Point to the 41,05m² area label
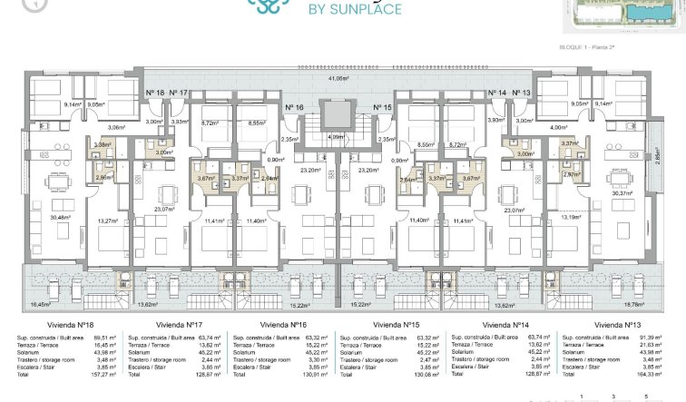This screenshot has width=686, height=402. [x=338, y=79]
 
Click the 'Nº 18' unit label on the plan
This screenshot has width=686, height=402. [x=155, y=93]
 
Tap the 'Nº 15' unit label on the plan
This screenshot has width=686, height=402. [x=381, y=107]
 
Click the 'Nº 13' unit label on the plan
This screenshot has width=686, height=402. [x=522, y=93]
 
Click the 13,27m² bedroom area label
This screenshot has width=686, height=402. [x=106, y=220]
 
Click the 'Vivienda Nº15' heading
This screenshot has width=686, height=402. [x=397, y=323]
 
